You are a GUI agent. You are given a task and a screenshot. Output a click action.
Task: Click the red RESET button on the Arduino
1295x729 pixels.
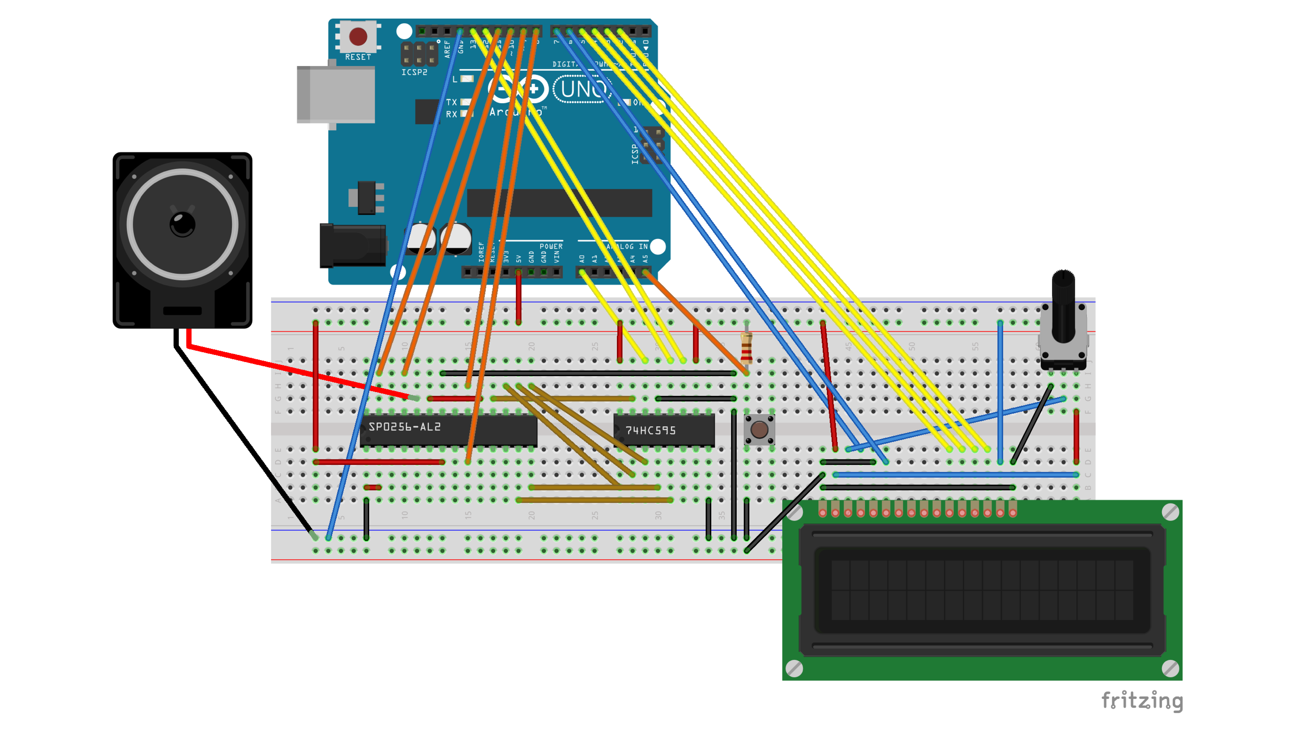(358, 36)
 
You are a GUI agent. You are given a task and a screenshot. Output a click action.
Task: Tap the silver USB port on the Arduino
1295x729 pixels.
(336, 94)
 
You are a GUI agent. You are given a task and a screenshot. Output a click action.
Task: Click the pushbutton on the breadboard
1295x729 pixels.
(759, 430)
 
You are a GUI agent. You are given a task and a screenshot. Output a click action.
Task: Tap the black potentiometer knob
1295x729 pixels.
(1063, 302)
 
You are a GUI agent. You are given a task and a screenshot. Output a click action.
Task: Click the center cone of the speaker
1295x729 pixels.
(183, 224)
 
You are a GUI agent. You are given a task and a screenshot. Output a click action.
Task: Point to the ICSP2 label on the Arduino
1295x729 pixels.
(414, 72)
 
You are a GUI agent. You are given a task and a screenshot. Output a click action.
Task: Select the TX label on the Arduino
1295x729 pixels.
(451, 102)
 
